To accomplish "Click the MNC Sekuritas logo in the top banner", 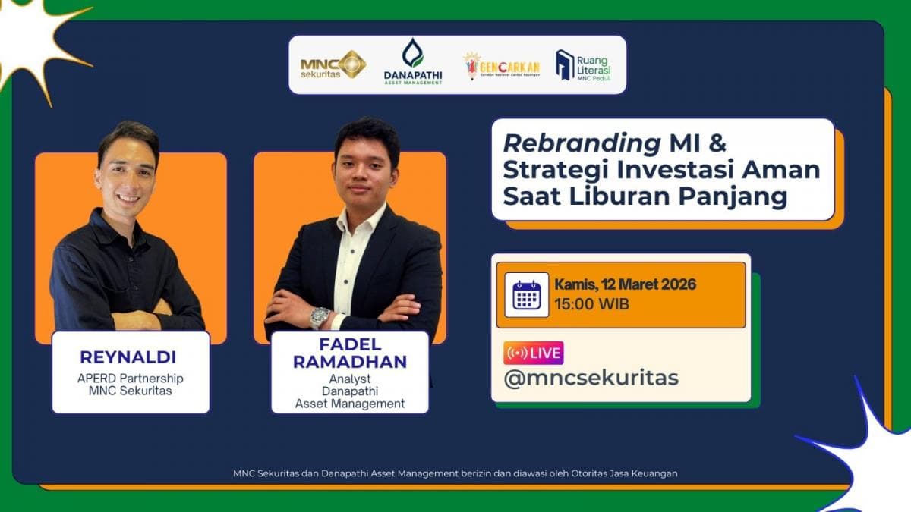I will pyautogui.click(x=333, y=64).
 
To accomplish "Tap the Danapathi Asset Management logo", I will pyautogui.click(x=412, y=63).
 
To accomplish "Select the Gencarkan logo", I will pyautogui.click(x=501, y=66).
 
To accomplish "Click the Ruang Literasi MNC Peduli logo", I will pyautogui.click(x=583, y=65).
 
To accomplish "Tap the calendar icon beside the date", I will pyautogui.click(x=526, y=294).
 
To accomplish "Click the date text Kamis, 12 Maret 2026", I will pyautogui.click(x=625, y=285).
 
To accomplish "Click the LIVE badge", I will pyautogui.click(x=533, y=353).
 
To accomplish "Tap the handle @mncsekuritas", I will pyautogui.click(x=591, y=378).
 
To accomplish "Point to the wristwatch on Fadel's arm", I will pyautogui.click(x=320, y=316).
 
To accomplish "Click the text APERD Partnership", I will pyautogui.click(x=130, y=378).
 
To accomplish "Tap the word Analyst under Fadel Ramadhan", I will pyautogui.click(x=350, y=378).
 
